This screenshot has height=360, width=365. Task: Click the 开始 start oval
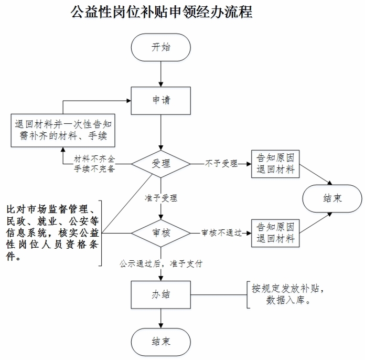coord(161,47)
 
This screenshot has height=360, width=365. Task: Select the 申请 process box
coord(161,101)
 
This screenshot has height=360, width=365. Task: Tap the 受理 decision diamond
coord(161,164)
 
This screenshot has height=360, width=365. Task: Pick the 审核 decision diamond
coord(161,233)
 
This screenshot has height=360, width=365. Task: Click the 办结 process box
coord(161,295)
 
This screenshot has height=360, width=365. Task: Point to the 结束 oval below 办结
coord(161,342)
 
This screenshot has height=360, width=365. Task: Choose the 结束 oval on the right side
coord(332,198)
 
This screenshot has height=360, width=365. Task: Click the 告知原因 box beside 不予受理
coord(275,164)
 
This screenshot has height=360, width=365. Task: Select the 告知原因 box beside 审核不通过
coord(275,233)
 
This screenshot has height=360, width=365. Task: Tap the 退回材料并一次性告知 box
coord(63,130)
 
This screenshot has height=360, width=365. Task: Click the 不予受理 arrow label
coord(221,164)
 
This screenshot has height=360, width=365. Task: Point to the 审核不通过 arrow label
coord(221,233)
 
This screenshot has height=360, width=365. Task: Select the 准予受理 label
coord(161,198)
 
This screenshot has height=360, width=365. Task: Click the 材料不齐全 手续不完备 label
coord(94,164)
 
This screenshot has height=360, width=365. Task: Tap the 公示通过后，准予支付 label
coord(161,264)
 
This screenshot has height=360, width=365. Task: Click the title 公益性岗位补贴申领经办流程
coord(162,12)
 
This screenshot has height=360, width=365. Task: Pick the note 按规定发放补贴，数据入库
coord(288,294)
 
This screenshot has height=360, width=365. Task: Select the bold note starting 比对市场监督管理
coord(52,232)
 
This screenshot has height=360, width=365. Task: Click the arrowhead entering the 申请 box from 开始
coord(161,84)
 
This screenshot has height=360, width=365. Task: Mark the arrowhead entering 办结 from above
coord(161,278)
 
